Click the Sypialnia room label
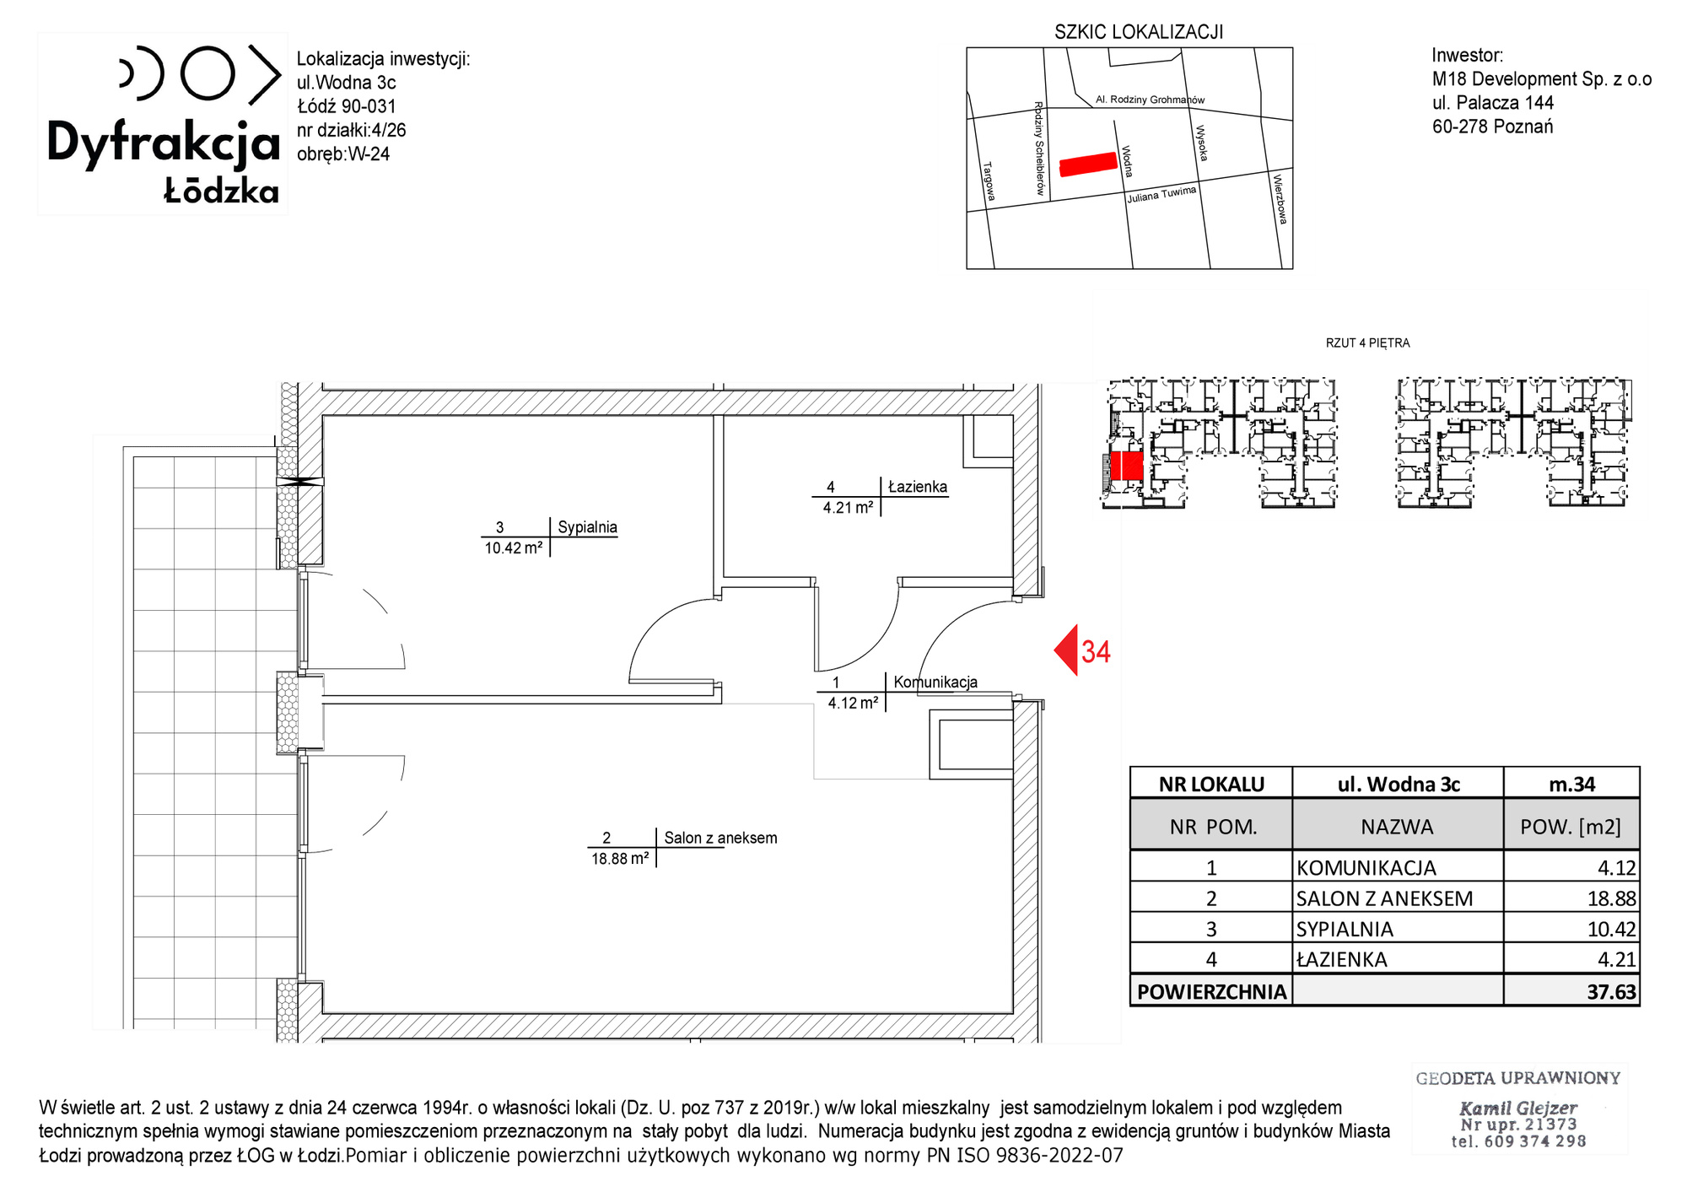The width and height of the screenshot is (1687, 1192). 587,527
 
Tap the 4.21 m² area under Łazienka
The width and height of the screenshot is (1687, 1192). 848,508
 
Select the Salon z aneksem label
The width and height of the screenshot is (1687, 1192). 720,838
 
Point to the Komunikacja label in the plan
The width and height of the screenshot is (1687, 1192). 935,682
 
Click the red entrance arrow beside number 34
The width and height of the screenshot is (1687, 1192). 1066,650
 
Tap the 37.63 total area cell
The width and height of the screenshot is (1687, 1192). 1611,992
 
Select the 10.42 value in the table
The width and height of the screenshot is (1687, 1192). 1611,930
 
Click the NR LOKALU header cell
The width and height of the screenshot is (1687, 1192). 1211,785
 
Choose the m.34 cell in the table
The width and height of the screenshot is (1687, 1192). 1571,785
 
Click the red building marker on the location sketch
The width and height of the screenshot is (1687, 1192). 1088,165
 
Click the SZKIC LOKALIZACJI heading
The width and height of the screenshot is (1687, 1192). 1139,32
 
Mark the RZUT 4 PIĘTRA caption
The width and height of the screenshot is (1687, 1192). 1367,343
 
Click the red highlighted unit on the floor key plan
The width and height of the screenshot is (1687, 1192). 1126,466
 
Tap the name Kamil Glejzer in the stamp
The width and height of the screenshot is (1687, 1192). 1518,1108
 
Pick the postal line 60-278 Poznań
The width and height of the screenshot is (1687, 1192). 1492,127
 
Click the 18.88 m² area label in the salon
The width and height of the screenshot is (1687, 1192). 620,859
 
